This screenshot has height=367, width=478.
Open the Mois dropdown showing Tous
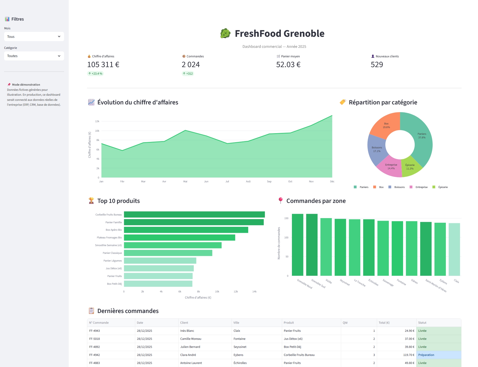[34, 37]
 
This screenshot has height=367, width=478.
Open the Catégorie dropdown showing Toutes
[34, 56]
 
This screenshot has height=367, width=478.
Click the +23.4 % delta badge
[95, 74]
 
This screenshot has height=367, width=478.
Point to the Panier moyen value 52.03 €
[288, 65]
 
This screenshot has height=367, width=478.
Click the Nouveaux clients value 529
[377, 65]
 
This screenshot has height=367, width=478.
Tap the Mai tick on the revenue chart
[185, 182]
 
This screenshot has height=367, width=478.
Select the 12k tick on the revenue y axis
[97, 121]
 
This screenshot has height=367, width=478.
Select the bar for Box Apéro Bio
[186, 230]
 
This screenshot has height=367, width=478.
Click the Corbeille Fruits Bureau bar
[194, 214]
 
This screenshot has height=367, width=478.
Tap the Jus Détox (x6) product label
[114, 268]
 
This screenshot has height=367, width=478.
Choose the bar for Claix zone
[454, 249]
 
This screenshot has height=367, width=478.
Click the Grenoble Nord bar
[298, 244]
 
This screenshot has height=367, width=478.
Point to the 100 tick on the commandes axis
[286, 237]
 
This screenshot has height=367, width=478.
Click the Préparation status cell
[438, 355]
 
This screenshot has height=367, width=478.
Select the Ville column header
[236, 323]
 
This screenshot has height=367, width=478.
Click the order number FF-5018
[94, 339]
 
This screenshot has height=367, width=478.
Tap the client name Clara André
[188, 355]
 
